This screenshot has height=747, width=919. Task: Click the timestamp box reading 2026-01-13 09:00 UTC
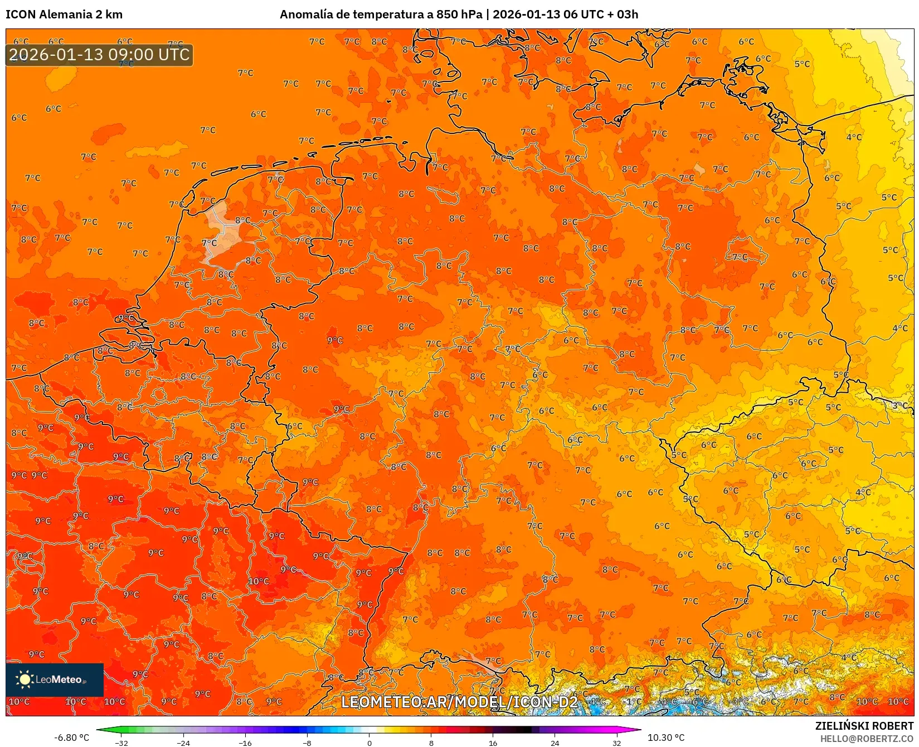(99, 55)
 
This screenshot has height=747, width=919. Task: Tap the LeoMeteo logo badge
(55, 679)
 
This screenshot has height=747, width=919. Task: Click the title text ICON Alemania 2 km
(64, 15)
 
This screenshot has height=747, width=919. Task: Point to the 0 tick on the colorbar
(369, 743)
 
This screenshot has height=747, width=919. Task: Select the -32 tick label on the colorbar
(121, 743)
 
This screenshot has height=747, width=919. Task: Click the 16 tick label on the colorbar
(493, 743)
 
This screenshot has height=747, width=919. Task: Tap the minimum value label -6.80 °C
(71, 738)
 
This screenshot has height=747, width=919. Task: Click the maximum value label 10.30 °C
(666, 738)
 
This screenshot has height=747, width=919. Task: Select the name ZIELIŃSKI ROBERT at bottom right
(864, 726)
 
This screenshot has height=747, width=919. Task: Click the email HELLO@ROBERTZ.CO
(867, 739)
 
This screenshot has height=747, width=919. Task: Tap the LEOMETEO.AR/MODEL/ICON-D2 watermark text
(459, 702)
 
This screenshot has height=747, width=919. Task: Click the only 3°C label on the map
(899, 406)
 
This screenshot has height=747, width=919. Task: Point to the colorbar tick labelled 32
(616, 743)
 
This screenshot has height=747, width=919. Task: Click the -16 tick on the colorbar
(245, 743)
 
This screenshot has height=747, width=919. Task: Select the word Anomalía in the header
(305, 15)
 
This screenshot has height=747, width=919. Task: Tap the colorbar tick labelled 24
(555, 743)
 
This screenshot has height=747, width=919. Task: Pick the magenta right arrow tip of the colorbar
(639, 730)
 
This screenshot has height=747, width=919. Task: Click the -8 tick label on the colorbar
(307, 743)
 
